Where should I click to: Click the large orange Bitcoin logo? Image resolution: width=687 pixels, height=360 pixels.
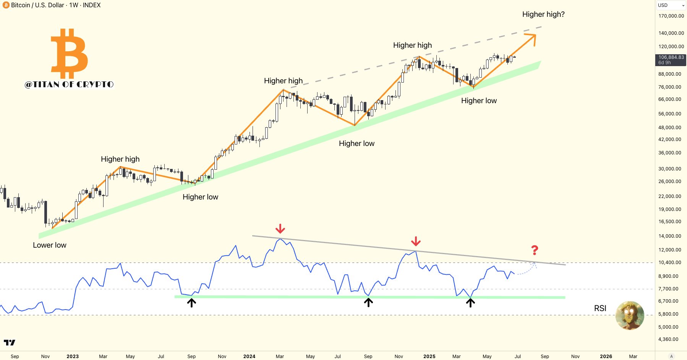pyautogui.click(x=70, y=53)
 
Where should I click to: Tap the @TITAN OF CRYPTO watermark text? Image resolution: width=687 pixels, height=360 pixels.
pyautogui.click(x=69, y=84)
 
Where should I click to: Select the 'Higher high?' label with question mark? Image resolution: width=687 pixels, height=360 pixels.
pyautogui.click(x=543, y=15)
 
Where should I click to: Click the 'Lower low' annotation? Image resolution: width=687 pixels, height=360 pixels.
pyautogui.click(x=49, y=245)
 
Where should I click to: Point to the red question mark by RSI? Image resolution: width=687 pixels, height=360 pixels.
pyautogui.click(x=535, y=250)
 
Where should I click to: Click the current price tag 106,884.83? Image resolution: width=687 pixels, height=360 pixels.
pyautogui.click(x=671, y=57)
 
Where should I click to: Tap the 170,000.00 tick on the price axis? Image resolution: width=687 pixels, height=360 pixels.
pyautogui.click(x=671, y=16)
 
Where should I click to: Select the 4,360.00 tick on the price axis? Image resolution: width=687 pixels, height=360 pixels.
pyautogui.click(x=668, y=339)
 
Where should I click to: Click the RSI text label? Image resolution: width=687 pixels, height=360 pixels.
pyautogui.click(x=600, y=308)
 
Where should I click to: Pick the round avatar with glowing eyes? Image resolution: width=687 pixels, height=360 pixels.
pyautogui.click(x=630, y=315)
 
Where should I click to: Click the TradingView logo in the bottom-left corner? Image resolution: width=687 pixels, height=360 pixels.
pyautogui.click(x=10, y=342)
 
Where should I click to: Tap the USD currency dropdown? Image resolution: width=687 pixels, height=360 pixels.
pyautogui.click(x=671, y=5)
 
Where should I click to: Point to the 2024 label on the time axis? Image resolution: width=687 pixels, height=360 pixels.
pyautogui.click(x=249, y=356)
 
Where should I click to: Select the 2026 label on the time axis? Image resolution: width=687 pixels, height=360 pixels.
pyautogui.click(x=606, y=356)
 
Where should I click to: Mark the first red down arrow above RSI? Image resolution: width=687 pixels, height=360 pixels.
pyautogui.click(x=280, y=229)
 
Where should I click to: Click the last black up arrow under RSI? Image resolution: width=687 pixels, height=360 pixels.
pyautogui.click(x=470, y=303)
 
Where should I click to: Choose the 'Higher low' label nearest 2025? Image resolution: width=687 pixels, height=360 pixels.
pyautogui.click(x=479, y=101)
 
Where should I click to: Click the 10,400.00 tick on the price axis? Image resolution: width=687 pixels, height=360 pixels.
pyautogui.click(x=669, y=263)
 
